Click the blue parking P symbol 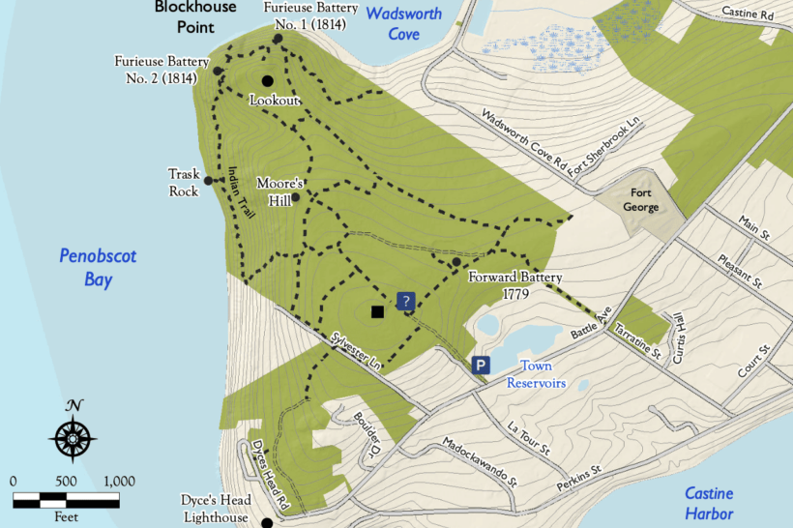coord(481,365)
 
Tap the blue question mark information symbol coord(406,302)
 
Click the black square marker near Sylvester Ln coord(377,311)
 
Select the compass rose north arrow coord(73,434)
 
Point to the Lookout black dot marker coord(267,81)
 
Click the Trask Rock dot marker coord(208,179)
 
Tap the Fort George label coord(640,200)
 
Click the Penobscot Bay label coord(98,268)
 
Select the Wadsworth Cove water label coord(404,24)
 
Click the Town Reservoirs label coord(536,374)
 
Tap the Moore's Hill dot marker coord(295,197)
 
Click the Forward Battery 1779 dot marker coord(455,262)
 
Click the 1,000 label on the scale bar coord(118,481)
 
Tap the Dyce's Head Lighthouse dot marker coord(268,522)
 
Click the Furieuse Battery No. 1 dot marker coord(278,39)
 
